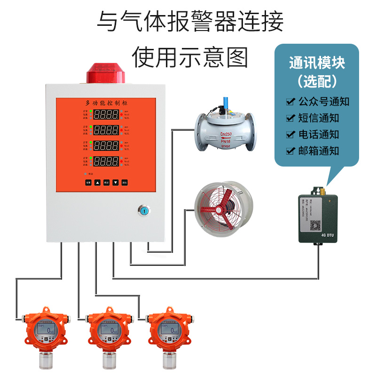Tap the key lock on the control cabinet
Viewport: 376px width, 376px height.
point(144,210)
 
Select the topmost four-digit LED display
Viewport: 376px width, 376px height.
point(106,114)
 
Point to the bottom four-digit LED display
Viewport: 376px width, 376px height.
point(106,161)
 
